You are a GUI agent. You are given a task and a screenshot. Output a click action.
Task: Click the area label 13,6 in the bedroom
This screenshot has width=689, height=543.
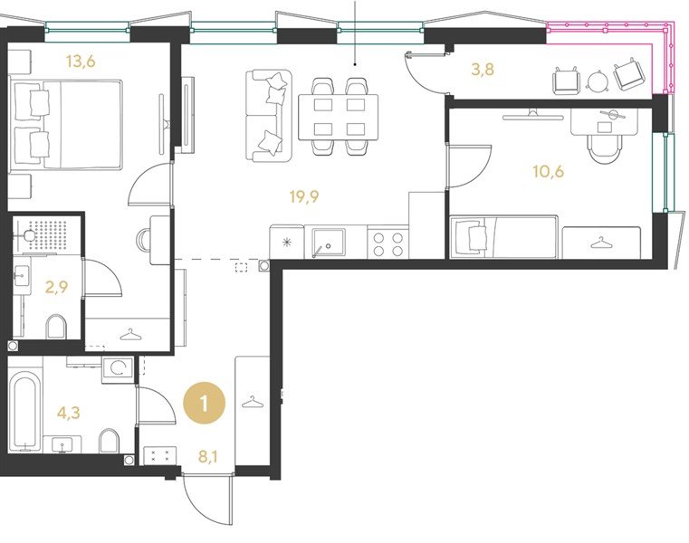point(81,62)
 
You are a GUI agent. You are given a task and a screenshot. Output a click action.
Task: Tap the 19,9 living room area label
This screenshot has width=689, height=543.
point(304,196)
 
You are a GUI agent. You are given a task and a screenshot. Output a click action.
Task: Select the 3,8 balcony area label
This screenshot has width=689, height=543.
point(483,70)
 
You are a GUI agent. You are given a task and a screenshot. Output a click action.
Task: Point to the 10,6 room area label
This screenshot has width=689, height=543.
point(549,171)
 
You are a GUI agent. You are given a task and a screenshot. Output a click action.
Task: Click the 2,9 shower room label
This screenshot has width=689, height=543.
point(57,287)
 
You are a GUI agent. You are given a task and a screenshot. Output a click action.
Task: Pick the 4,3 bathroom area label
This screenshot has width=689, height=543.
point(69,413)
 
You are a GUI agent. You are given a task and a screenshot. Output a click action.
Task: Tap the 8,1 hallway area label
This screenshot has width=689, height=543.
point(208,457)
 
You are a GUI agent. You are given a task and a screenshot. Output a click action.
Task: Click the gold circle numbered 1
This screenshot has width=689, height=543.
point(205,403)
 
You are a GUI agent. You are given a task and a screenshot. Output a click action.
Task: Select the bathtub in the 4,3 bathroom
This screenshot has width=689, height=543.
point(25,412)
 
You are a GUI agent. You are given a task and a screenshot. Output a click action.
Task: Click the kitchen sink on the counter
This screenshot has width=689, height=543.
point(329,243)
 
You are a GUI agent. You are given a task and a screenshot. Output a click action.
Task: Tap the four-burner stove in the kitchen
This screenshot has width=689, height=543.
point(388,244)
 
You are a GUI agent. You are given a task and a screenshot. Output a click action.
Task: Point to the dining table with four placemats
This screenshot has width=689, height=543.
point(339,118)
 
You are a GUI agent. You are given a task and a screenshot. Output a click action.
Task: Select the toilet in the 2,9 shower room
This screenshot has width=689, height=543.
point(56,327)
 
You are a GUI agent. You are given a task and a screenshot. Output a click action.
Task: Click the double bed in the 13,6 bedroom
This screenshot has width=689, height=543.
point(66,124)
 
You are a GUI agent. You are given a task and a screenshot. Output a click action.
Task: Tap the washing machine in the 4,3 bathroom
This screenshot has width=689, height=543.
point(118,369)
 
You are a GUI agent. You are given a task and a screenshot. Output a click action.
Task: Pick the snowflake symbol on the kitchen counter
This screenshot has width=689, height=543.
point(286,242)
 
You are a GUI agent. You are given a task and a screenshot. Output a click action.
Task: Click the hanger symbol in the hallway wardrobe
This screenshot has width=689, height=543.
point(253,401)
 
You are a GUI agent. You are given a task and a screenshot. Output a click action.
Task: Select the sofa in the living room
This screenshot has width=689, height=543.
point(268,116)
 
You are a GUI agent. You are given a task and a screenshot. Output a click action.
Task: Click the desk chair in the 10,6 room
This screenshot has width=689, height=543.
point(605,149)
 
